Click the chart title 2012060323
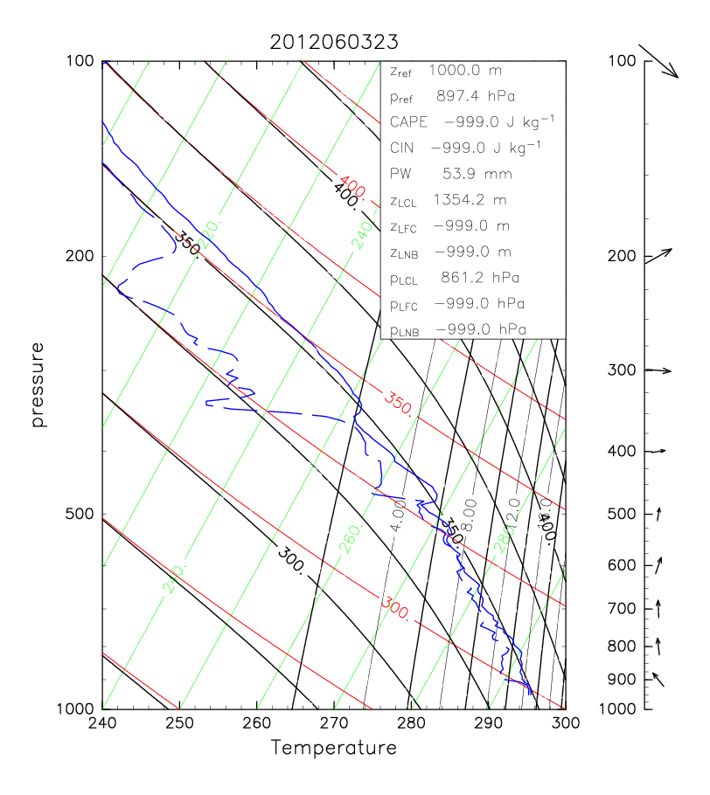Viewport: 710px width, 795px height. coord(333,42)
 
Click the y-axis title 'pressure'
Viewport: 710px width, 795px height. coord(38,384)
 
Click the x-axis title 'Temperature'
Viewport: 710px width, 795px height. coord(333,749)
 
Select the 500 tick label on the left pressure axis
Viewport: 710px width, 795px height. coord(81,515)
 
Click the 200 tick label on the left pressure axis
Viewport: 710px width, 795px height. coord(81,256)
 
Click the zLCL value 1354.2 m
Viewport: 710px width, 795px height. coord(470,199)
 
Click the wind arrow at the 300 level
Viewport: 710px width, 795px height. coord(658,370)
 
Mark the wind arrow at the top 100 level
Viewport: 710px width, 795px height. coord(660,61)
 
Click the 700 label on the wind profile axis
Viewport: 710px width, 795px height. coord(621,607)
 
